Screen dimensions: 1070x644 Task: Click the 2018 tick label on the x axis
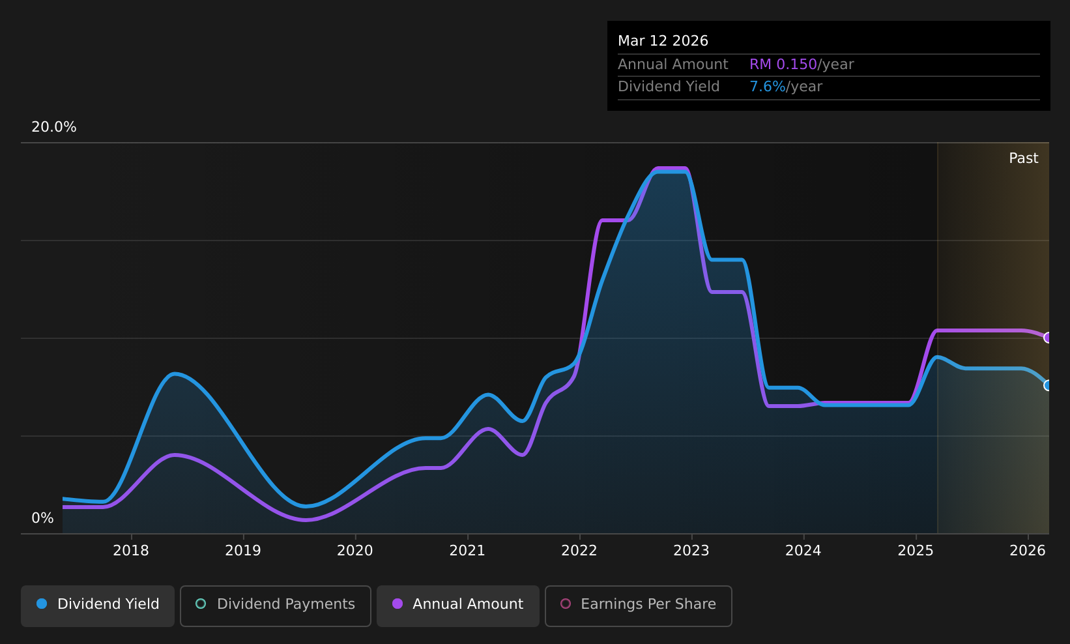tap(131, 551)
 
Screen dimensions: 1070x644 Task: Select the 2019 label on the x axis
tap(243, 551)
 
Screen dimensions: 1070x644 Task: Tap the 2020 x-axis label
tap(355, 551)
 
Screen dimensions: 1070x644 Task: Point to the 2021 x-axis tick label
tap(467, 551)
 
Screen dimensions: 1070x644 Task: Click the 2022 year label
tap(579, 551)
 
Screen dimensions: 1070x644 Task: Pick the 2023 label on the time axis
tap(691, 551)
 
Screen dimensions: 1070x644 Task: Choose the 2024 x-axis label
tap(803, 551)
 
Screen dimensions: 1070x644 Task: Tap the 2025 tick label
tap(916, 551)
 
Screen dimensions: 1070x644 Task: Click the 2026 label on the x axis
tap(1028, 551)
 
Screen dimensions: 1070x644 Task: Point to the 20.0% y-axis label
tap(54, 127)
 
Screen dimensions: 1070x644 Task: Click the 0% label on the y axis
tap(42, 518)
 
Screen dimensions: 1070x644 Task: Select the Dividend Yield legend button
tap(98, 606)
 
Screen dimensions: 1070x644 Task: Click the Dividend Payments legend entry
tap(276, 606)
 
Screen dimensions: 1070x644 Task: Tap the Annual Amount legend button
tap(458, 606)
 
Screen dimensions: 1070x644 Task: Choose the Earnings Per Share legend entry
tap(639, 606)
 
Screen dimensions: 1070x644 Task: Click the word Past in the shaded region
tap(1024, 158)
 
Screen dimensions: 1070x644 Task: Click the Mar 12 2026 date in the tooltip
tap(663, 41)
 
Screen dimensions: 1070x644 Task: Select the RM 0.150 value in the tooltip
tap(783, 64)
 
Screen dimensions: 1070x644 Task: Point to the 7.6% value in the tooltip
tap(767, 87)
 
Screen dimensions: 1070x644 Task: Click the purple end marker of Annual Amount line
tap(1047, 338)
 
